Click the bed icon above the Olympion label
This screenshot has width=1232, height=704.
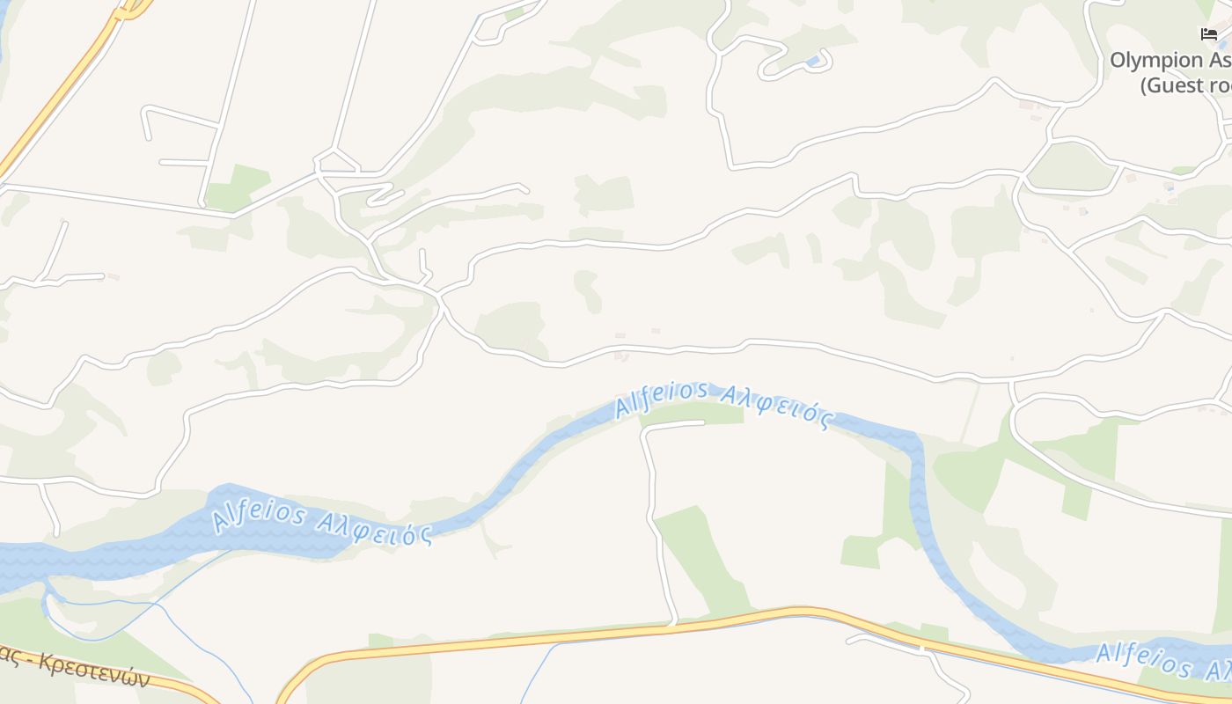[1209, 34]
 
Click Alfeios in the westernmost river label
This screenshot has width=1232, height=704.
[259, 513]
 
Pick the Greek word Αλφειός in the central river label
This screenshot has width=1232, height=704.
[774, 407]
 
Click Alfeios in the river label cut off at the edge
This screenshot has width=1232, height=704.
[1144, 659]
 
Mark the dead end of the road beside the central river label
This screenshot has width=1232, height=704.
[703, 423]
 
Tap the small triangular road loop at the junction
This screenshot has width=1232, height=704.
[335, 162]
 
